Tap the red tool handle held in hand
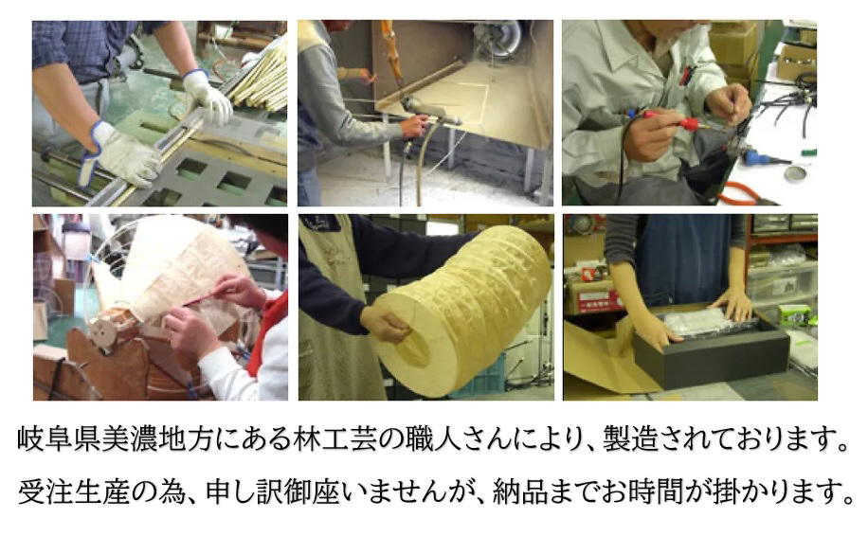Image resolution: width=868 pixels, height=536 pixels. pos(690,123)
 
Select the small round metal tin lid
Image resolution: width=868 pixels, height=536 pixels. pos(795,173)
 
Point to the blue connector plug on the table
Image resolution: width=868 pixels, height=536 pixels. pos(752,156)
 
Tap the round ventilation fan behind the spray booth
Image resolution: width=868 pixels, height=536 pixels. pos(497,37)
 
